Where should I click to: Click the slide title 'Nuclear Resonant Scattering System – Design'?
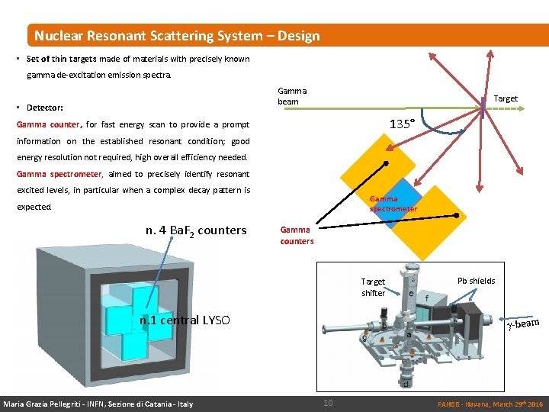pos(177,36)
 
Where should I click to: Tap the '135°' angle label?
pos(402,124)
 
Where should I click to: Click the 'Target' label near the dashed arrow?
pos(506,98)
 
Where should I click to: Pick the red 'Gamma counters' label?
pos(297,235)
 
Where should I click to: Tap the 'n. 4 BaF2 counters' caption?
pos(196,230)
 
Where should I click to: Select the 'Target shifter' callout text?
pos(373,287)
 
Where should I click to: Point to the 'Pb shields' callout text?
pos(476,281)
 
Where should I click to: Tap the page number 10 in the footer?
pos(328,402)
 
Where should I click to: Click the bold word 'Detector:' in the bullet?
pos(45,108)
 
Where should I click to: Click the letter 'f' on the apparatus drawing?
pos(427,298)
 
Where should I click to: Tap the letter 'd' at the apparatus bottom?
pos(406,382)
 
